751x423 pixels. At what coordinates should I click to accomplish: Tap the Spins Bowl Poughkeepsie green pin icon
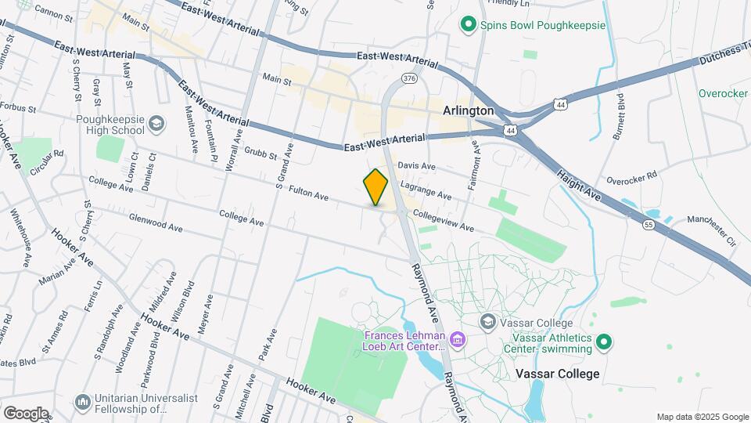[468, 25]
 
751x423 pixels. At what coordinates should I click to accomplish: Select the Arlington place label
[468, 110]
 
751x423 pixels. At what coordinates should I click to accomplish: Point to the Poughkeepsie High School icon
[156, 123]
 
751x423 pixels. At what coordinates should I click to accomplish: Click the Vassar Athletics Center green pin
[603, 342]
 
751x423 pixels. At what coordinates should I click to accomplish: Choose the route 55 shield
[649, 225]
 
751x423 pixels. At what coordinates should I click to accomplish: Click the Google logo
[26, 414]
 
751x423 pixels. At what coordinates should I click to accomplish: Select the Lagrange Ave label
[426, 190]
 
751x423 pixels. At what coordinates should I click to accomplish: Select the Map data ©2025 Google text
[702, 417]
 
